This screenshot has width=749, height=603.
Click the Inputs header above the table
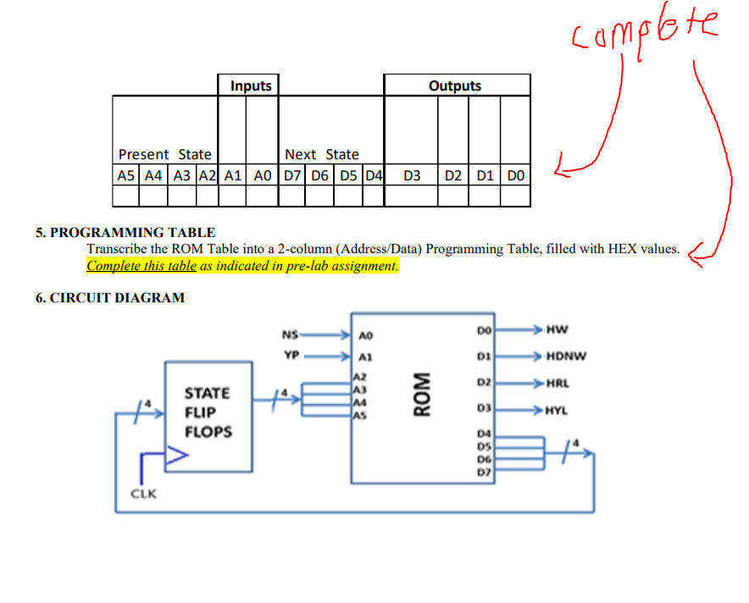click(251, 86)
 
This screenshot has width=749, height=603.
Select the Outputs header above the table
click(455, 86)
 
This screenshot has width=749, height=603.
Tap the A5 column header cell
click(125, 175)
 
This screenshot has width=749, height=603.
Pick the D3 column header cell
click(412, 175)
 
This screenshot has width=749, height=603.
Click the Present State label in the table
click(165, 154)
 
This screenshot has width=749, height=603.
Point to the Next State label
click(322, 154)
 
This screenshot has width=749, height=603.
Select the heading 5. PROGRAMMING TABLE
click(125, 232)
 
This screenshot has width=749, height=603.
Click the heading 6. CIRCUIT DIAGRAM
click(110, 297)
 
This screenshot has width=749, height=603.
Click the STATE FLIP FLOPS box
click(208, 412)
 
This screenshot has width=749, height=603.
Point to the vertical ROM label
click(419, 395)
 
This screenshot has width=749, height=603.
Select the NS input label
click(290, 333)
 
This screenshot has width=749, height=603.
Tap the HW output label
click(558, 329)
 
